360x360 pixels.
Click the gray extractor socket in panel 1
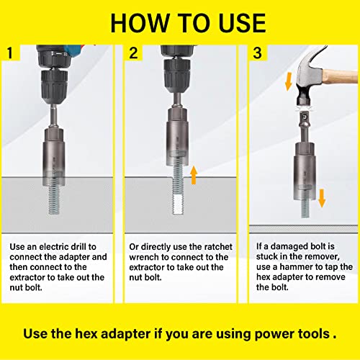(55, 144)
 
